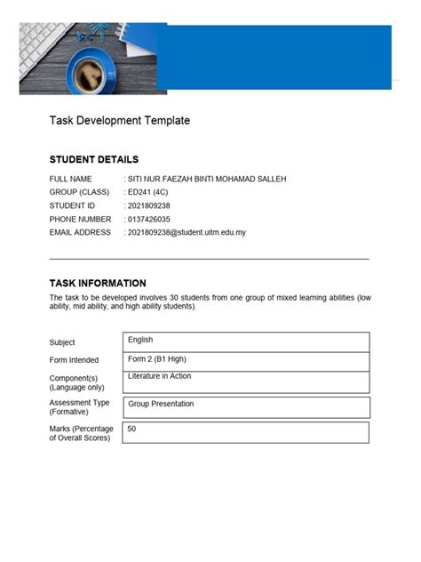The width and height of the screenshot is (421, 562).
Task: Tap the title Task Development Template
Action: [x=119, y=120]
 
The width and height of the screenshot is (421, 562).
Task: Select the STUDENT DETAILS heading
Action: [x=93, y=160]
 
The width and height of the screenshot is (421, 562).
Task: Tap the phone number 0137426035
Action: [x=149, y=219]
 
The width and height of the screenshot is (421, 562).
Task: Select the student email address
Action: [x=187, y=232]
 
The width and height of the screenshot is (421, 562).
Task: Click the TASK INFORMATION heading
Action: [x=98, y=283]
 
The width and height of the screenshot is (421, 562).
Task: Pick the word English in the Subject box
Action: [x=140, y=340]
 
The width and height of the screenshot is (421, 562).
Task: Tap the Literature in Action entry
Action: [x=160, y=376]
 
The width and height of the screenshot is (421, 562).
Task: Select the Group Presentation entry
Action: [x=161, y=404]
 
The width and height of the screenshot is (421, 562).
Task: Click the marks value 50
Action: [x=132, y=429]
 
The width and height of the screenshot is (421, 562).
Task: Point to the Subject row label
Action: [x=62, y=342]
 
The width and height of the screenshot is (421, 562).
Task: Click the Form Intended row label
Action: [x=75, y=360]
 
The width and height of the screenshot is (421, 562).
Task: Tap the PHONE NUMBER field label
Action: [x=81, y=219]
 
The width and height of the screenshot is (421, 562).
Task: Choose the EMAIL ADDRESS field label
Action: [x=81, y=232]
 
